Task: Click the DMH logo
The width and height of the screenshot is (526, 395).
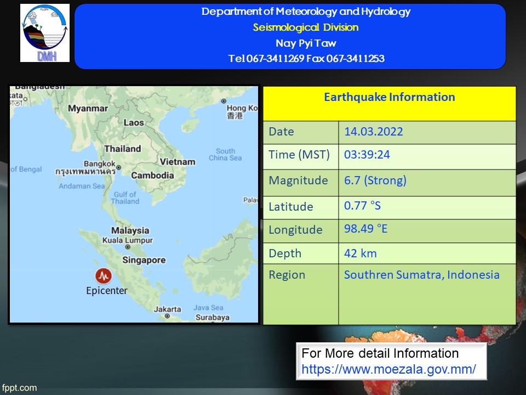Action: click(x=45, y=33)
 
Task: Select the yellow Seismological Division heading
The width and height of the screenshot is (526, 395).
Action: click(x=306, y=27)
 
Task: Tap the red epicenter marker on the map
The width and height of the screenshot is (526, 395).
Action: click(x=104, y=276)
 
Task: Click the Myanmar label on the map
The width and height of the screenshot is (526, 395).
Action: click(x=88, y=109)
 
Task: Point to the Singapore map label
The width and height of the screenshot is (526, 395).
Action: click(x=144, y=260)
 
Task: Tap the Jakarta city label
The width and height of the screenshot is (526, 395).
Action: click(x=168, y=309)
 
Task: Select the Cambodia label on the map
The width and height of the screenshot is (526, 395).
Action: click(x=153, y=176)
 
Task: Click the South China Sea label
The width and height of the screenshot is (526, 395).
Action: click(x=225, y=155)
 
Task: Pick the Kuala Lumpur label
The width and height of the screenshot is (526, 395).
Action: click(x=128, y=240)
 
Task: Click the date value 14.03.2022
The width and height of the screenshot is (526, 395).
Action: click(x=373, y=131)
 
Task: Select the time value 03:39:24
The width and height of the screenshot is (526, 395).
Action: click(x=367, y=155)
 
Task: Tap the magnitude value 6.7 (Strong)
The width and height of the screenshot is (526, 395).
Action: click(x=375, y=180)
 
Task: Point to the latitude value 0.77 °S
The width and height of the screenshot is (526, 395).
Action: click(x=362, y=206)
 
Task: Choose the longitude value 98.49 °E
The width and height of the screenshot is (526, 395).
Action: click(x=365, y=229)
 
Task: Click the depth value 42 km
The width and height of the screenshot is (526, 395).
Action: click(x=361, y=253)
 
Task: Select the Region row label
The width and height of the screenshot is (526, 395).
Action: click(x=287, y=275)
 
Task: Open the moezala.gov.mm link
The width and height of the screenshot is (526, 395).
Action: click(x=388, y=369)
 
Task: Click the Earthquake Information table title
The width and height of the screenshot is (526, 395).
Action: click(x=390, y=97)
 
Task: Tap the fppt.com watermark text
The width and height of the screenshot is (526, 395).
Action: click(x=19, y=388)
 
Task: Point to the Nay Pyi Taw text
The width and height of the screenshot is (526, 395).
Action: click(x=306, y=43)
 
